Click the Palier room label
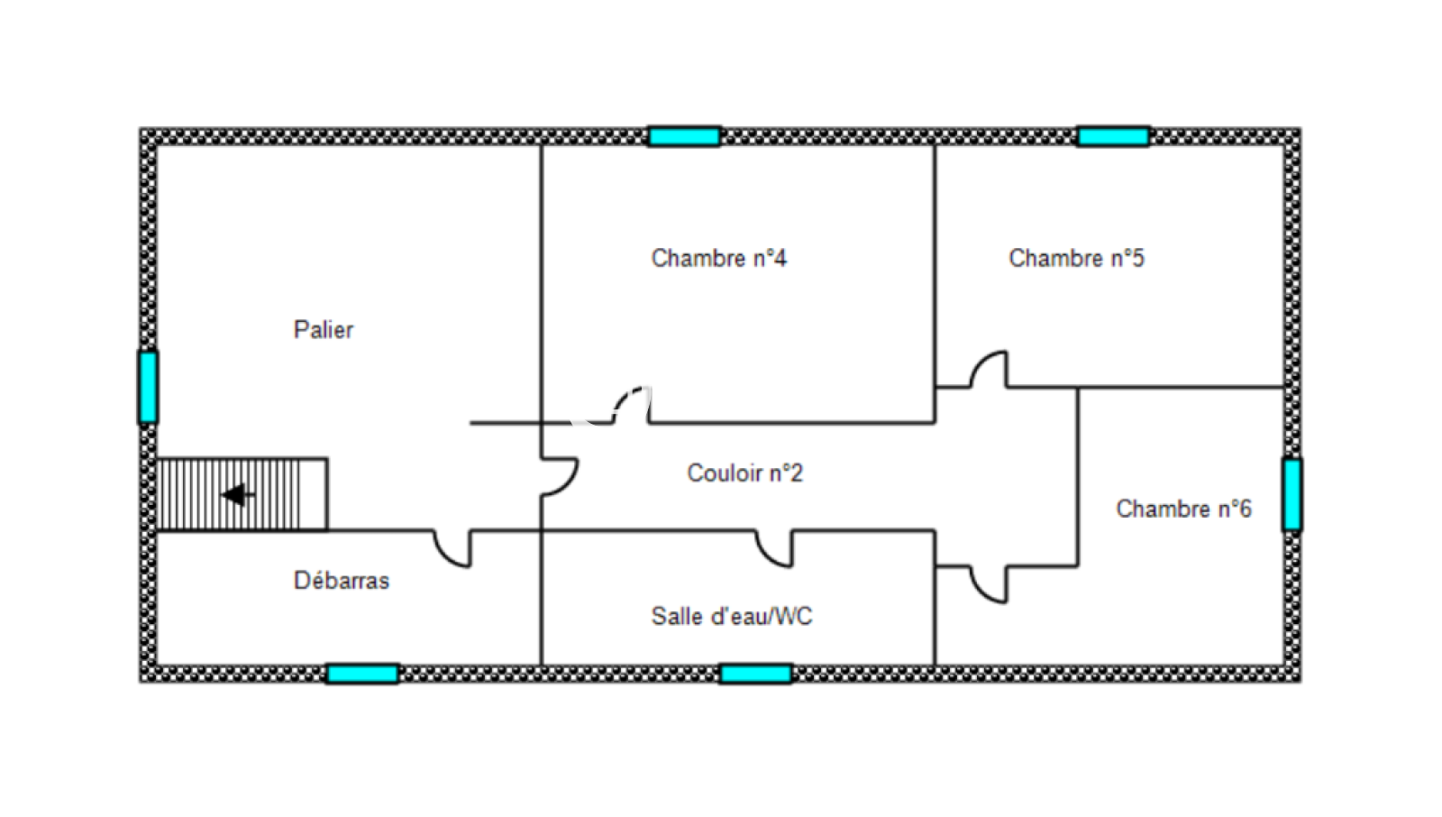[x=323, y=330]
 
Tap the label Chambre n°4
[x=718, y=259]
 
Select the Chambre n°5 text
[x=1076, y=259]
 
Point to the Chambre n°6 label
[x=1183, y=509]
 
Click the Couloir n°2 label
[x=744, y=473]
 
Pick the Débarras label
[x=341, y=581]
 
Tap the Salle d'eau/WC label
[x=731, y=617]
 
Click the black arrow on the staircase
[x=237, y=495]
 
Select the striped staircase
[x=242, y=494]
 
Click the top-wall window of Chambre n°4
[x=684, y=137]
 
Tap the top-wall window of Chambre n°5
[x=1113, y=137]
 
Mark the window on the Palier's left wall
[x=148, y=387]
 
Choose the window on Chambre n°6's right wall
[x=1291, y=494]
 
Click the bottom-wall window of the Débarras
[x=362, y=674]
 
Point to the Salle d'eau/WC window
[x=755, y=674]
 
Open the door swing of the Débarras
[x=452, y=549]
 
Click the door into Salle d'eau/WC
[x=774, y=549]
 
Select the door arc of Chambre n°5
[x=989, y=370]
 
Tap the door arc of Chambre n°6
[x=989, y=584]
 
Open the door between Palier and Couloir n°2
[x=559, y=477]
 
